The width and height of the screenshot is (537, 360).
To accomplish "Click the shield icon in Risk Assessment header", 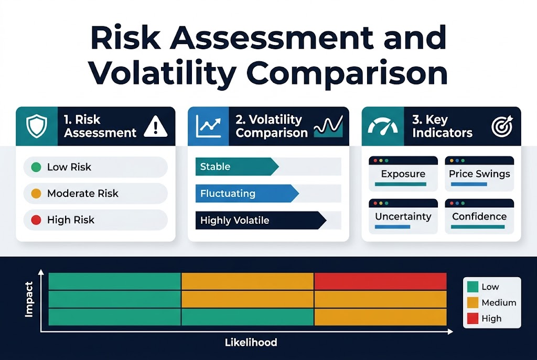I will click(36, 126).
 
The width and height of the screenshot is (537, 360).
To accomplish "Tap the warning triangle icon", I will click(155, 127).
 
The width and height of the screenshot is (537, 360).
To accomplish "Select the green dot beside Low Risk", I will click(36, 167).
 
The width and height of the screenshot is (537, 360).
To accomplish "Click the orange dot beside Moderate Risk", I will click(36, 193).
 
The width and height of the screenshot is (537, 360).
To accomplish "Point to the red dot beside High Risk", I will click(36, 220).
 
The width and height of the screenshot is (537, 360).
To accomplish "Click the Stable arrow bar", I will click(236, 167).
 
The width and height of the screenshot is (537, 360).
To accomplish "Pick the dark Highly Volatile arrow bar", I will click(260, 221).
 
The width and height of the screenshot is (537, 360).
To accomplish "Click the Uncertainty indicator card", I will click(403, 216).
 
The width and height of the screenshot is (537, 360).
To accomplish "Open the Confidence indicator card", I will click(479, 216).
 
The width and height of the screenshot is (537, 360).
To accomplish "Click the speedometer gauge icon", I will click(383, 126).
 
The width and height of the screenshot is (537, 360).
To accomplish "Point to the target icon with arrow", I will click(501, 126).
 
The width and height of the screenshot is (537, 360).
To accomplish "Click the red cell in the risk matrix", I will click(380, 281).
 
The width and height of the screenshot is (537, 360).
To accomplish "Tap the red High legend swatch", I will click(472, 318).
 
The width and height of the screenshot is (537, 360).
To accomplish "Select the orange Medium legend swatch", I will click(472, 302).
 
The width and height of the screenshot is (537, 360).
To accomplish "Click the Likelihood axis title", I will click(251, 343).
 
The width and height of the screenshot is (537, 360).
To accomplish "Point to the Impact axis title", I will click(28, 299).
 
